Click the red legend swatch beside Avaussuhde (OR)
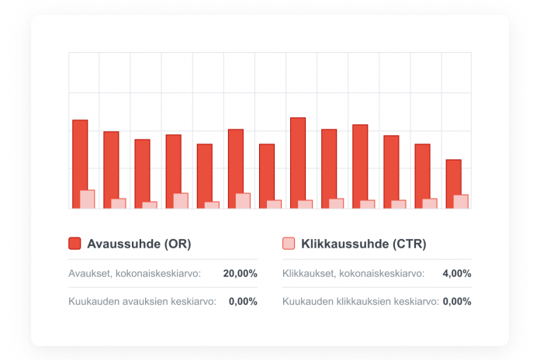(x=74, y=244)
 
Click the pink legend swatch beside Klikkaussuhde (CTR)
(x=289, y=244)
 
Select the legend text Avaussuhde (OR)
(x=139, y=244)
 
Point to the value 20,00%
(x=240, y=273)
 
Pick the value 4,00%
(x=456, y=273)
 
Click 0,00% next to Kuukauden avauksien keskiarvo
(x=243, y=301)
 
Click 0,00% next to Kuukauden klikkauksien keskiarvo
(x=457, y=301)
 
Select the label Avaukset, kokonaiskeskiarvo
(x=135, y=273)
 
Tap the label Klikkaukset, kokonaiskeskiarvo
(x=353, y=273)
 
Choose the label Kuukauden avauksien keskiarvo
(x=143, y=301)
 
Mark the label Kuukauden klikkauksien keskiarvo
(x=361, y=301)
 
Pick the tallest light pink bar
(x=88, y=199)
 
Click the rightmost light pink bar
(x=461, y=202)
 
